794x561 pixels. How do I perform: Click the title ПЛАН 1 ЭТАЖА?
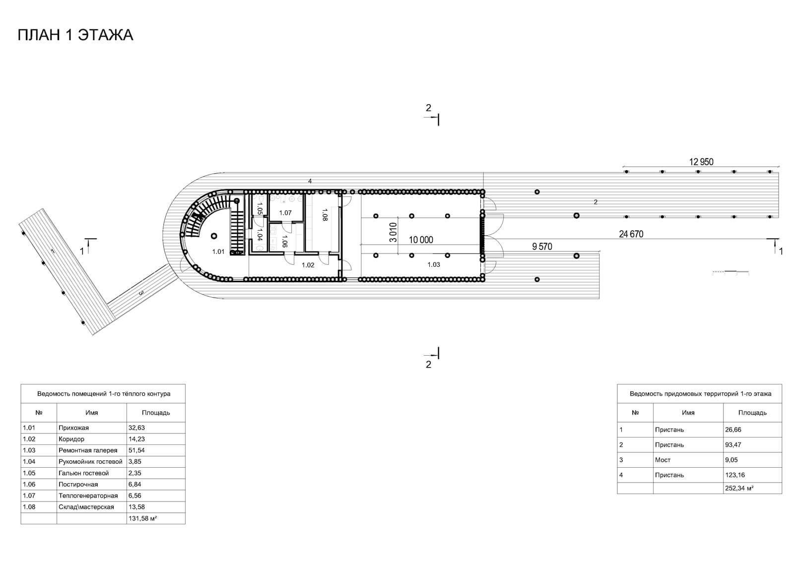point(75,35)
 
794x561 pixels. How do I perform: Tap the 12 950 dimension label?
point(701,162)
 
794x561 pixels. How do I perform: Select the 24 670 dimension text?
point(631,234)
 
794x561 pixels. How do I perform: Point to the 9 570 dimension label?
point(542,247)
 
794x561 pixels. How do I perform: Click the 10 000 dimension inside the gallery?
point(421,240)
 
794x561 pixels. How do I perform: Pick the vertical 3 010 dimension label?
point(393,232)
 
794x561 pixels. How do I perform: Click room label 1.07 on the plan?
point(285,213)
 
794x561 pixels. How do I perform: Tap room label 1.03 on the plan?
point(434,264)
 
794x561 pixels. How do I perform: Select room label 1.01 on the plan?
point(218,251)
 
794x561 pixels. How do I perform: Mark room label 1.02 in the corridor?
point(308,265)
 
